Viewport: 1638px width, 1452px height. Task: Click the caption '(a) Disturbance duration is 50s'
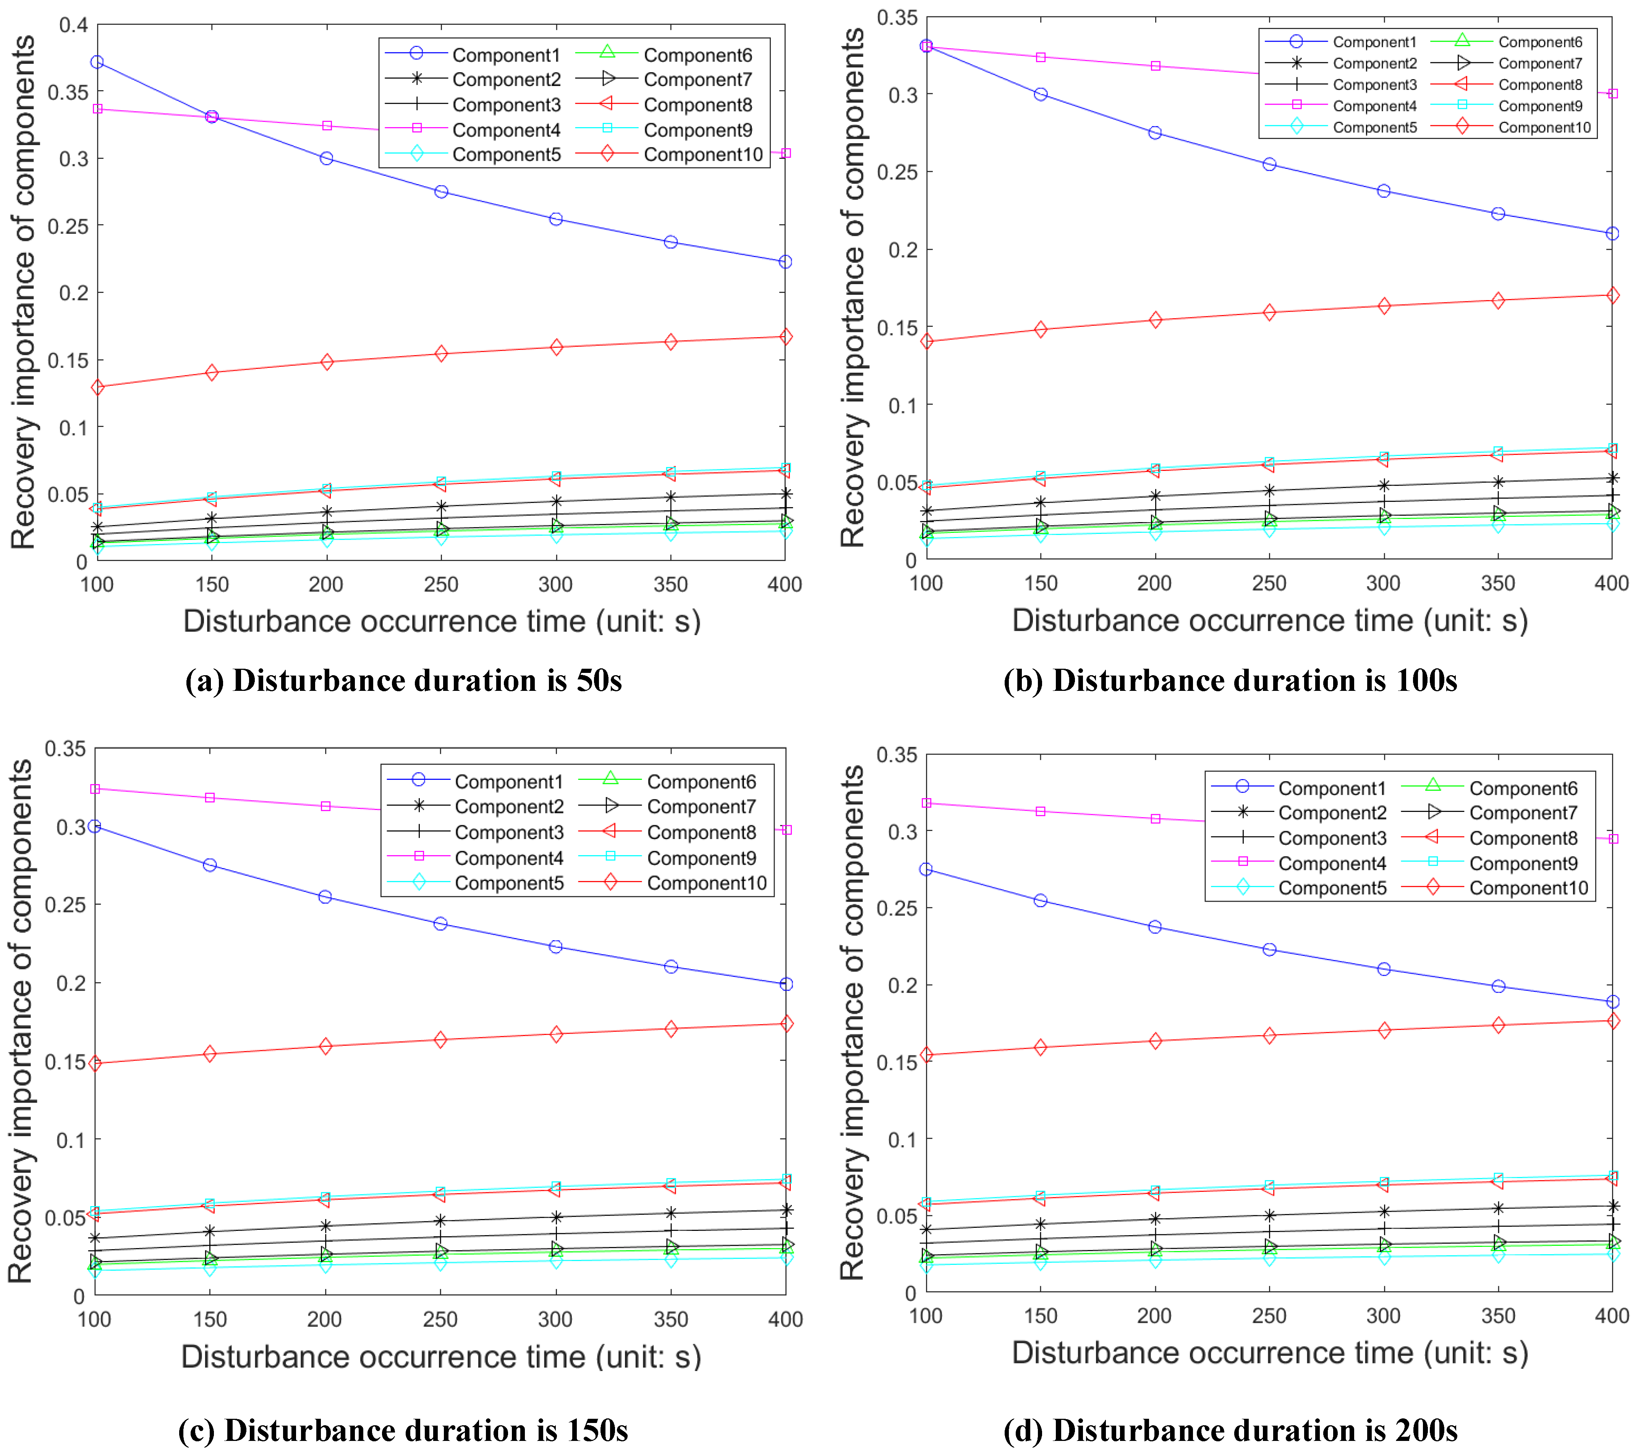[403, 680]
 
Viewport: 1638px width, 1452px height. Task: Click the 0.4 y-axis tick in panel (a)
[74, 25]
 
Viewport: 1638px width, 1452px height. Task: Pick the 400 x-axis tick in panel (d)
[1612, 1316]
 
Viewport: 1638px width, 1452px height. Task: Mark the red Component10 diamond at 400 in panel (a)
[785, 336]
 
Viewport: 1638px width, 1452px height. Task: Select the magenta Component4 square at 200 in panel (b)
[1155, 66]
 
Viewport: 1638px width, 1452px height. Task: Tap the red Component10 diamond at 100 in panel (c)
[95, 1063]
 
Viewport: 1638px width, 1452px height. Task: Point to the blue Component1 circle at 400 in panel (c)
[786, 984]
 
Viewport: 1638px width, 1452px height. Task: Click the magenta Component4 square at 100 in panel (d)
[926, 803]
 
